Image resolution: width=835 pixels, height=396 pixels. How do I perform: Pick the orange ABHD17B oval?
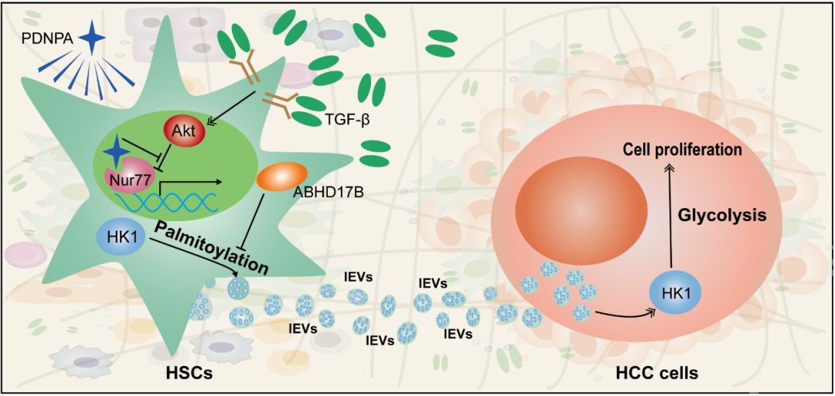click(282, 177)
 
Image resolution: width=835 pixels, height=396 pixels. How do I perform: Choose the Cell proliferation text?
click(683, 148)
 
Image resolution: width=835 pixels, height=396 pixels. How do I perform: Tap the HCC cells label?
click(656, 374)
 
